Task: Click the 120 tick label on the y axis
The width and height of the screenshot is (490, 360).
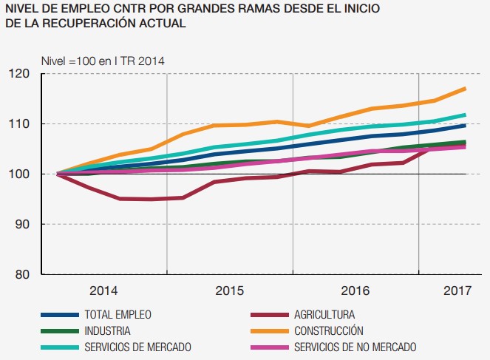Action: [x=19, y=73]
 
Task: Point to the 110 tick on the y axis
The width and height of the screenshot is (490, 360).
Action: [x=19, y=123]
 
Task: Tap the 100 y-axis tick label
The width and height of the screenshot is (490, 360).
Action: [x=19, y=174]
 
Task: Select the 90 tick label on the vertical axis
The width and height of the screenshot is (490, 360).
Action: [x=22, y=224]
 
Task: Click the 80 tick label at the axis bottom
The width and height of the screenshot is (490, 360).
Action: [x=22, y=274]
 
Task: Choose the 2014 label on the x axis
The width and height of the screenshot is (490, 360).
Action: [x=104, y=291]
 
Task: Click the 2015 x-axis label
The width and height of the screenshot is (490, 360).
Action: [x=230, y=291]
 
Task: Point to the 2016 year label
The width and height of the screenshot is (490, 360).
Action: [x=355, y=291]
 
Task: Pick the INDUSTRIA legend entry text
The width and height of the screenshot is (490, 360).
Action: [x=108, y=330]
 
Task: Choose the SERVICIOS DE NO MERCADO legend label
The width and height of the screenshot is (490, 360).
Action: [x=355, y=347]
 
